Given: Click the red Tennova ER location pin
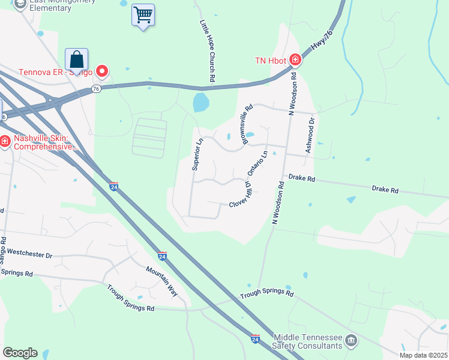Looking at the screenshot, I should click(x=102, y=72).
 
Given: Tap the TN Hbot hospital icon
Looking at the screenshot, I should click(x=295, y=59).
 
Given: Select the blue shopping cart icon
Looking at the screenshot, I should click(x=143, y=15).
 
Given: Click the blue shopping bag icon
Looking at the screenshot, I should click(x=76, y=60).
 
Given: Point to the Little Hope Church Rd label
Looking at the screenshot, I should click(x=208, y=50).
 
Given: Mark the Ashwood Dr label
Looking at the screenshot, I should click(x=310, y=135).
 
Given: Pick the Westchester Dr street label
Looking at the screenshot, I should click(x=30, y=254).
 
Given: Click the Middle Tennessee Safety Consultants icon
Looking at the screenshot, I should click(x=351, y=342).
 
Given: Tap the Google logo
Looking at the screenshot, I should click(x=20, y=353).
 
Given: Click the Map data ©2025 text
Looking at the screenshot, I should click(x=423, y=355).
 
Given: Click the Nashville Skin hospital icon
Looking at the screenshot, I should click(x=4, y=142).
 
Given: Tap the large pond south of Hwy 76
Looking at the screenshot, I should click(x=201, y=103).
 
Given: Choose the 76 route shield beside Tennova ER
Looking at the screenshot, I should click(x=96, y=88).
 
